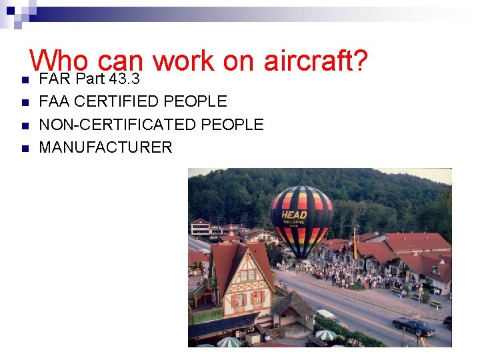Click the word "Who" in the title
[59, 61]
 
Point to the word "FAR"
[55, 79]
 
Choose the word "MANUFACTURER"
[105, 147]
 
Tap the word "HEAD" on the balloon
[294, 215]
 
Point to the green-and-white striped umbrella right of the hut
[325, 335]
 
